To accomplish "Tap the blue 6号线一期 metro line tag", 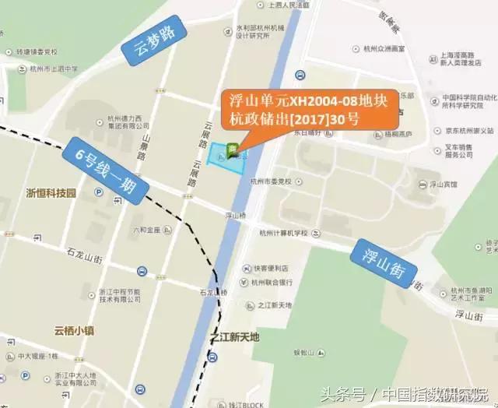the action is click(103, 171).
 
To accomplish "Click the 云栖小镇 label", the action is click(75, 330).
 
